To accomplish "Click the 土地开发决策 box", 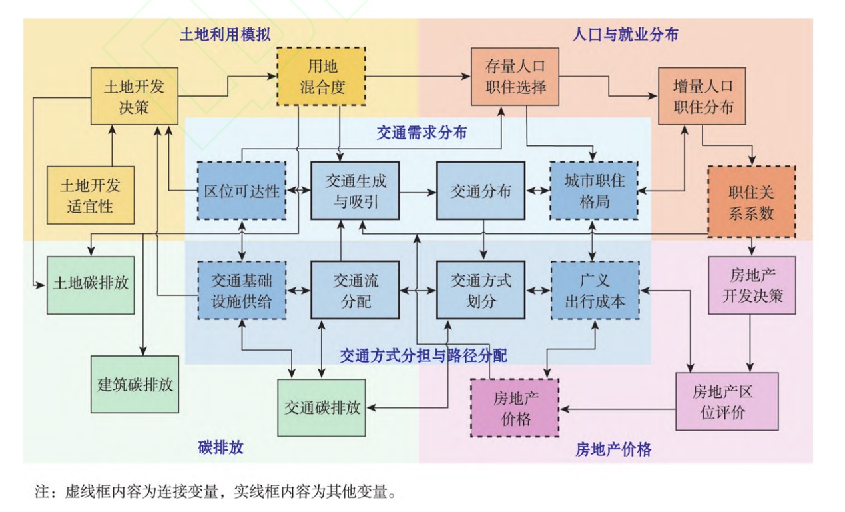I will (x=134, y=96).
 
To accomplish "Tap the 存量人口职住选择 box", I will (x=515, y=77).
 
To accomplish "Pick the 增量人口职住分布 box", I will (x=703, y=96).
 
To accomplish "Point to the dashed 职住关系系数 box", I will (x=750, y=201).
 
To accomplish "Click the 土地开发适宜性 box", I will (x=90, y=195).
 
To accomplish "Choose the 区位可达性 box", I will (x=241, y=191).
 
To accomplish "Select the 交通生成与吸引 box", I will (x=355, y=191).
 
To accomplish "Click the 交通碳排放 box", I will (x=322, y=407).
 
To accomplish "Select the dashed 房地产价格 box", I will (x=514, y=407).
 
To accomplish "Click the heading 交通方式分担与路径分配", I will (x=423, y=355).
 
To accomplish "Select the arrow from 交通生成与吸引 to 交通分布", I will (x=418, y=191).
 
